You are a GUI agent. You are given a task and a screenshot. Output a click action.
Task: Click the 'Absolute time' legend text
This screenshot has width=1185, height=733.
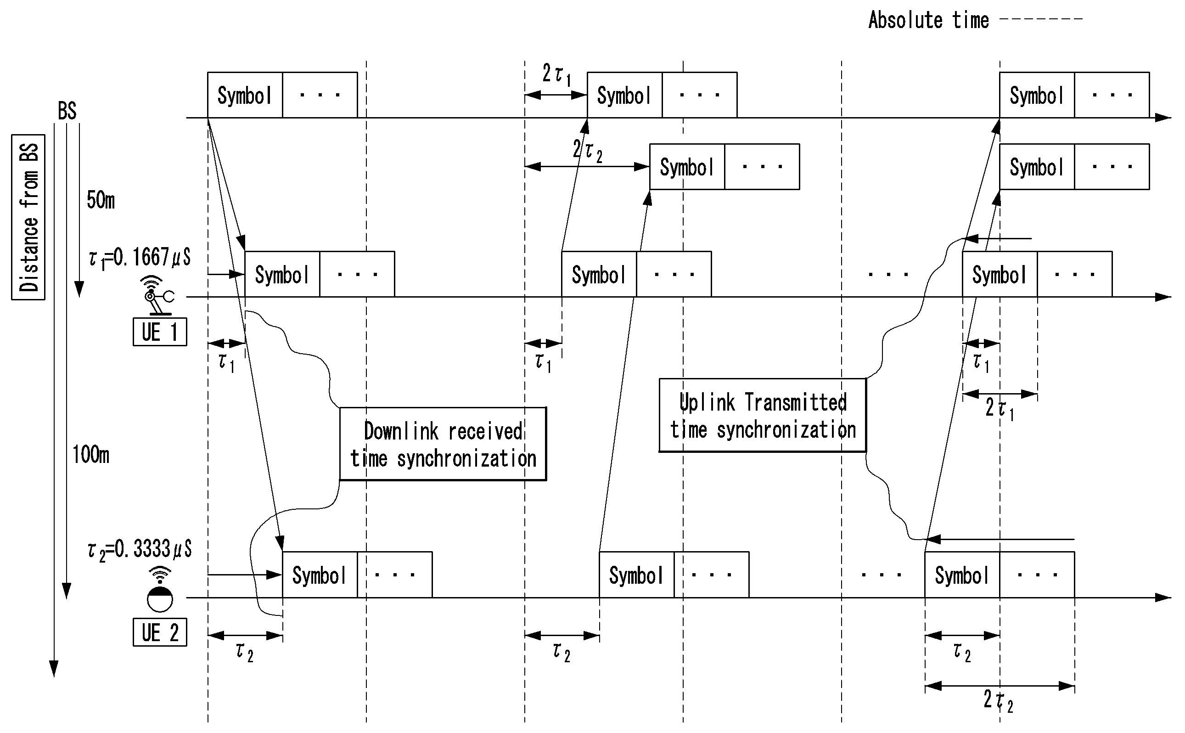pos(928,20)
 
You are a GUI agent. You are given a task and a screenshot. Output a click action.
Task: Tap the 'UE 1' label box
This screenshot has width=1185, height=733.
pos(159,332)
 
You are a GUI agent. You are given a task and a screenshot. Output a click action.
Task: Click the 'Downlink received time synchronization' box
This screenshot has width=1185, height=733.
pos(443,444)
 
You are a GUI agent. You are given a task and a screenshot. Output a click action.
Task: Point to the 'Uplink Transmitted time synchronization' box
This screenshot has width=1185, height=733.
pos(762,416)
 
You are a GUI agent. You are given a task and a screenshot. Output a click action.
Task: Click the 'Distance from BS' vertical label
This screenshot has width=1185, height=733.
pos(28,217)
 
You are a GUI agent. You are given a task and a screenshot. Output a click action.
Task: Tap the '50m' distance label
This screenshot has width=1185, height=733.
pos(101,200)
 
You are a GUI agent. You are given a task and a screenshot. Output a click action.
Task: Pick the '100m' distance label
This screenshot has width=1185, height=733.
pos(90,455)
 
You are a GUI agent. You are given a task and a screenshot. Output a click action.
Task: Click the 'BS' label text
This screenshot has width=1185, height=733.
pos(67,111)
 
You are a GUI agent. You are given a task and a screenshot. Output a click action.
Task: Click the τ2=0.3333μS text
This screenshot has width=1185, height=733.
pos(140,550)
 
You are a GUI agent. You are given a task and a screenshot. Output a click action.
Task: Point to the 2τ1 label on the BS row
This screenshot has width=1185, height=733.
pos(556,75)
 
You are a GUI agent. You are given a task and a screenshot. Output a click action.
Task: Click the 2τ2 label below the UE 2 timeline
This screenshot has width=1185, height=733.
pos(998,700)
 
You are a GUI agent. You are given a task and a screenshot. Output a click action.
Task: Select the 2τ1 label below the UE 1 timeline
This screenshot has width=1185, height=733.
pos(1000,408)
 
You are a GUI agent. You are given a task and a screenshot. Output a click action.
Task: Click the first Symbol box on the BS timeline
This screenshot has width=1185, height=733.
pos(245,95)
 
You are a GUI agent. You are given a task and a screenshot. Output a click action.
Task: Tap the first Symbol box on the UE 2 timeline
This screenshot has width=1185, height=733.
pos(320,575)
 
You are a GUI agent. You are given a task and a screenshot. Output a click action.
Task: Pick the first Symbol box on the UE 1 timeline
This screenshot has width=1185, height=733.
pos(282,274)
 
